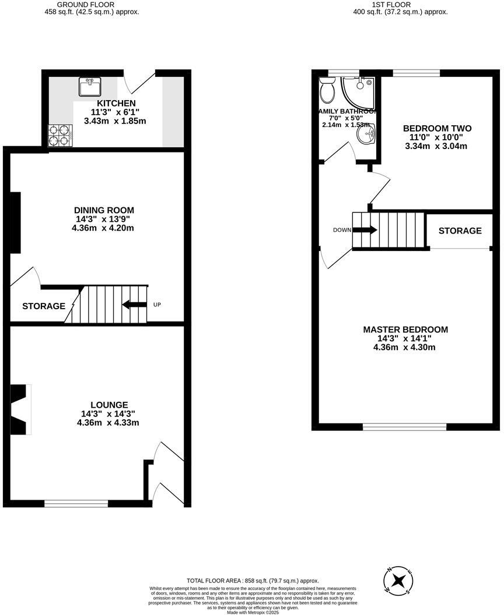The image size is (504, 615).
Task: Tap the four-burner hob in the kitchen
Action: tap(60, 135)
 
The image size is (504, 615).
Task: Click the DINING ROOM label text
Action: tap(104, 210)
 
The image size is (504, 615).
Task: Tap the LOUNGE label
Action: tap(109, 405)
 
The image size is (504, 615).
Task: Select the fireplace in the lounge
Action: tap(22, 409)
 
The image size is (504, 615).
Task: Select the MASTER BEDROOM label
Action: tap(405, 330)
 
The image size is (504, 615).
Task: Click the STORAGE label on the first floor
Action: tap(460, 231)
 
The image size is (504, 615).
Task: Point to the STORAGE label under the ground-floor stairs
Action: tap(44, 306)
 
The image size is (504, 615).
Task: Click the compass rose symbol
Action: tap(398, 579)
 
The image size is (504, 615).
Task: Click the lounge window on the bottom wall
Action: tap(76, 503)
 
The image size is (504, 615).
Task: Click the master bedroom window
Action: tap(405, 427)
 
